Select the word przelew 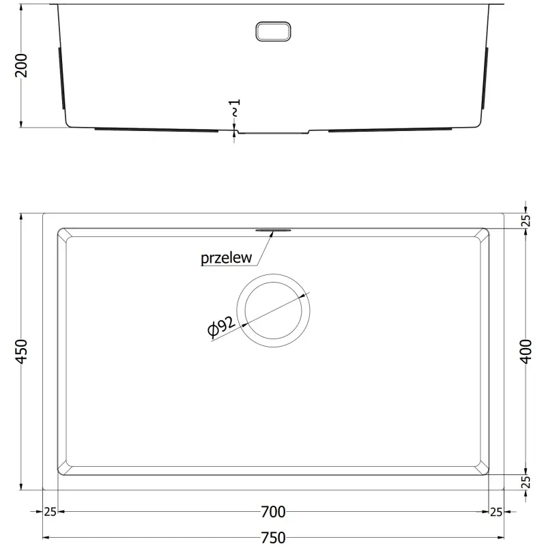click(227, 258)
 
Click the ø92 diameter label click(222, 328)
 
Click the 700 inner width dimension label click(273, 511)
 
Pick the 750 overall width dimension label click(273, 536)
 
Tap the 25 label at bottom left click(51, 511)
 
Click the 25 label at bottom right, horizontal click(496, 511)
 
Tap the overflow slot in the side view click(274, 31)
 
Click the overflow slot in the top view click(274, 230)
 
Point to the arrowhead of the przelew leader click(272, 233)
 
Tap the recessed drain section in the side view click(273, 131)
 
